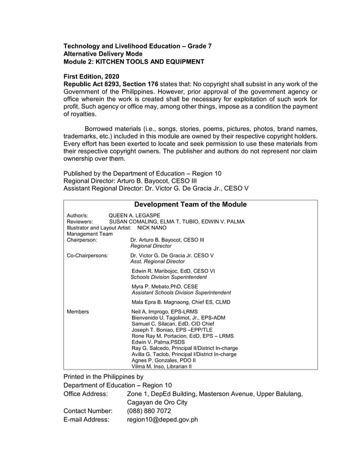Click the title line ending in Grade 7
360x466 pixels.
[137, 46]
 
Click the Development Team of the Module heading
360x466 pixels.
[191, 204]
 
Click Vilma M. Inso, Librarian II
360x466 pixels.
[161, 366]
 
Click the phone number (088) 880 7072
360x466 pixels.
[150, 411]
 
